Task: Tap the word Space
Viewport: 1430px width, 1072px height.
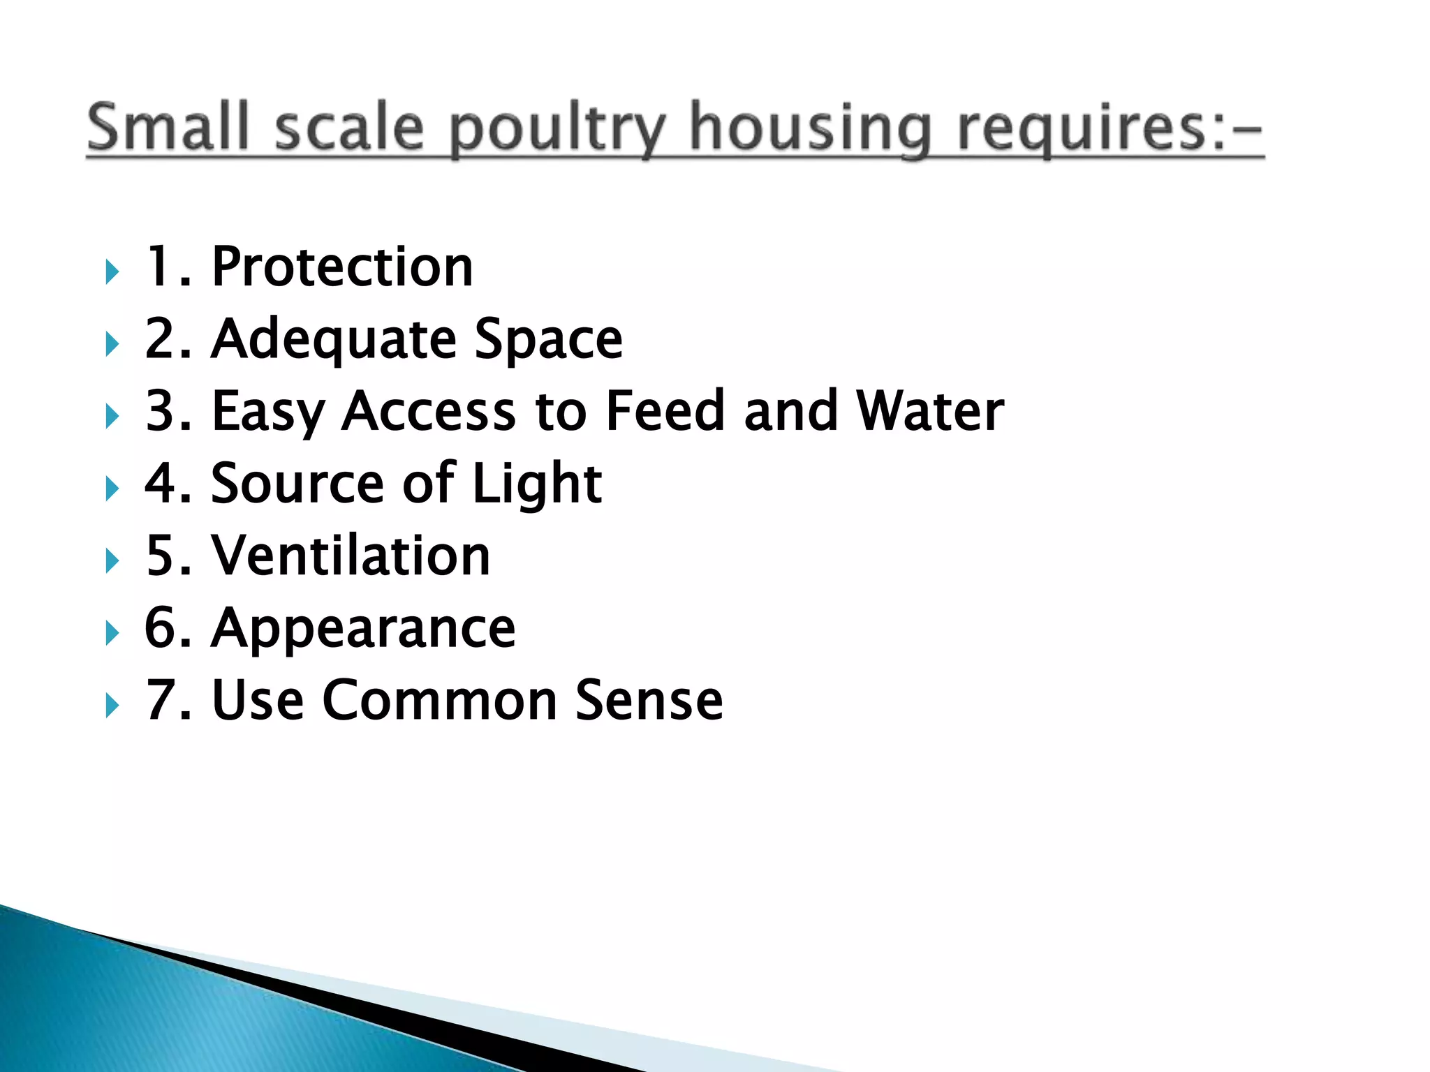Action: (x=548, y=340)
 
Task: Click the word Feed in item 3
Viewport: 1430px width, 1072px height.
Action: (x=665, y=411)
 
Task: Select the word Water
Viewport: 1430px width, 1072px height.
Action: (x=930, y=411)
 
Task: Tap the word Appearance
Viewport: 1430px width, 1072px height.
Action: (x=363, y=630)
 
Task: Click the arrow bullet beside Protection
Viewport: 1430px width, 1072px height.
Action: (x=112, y=271)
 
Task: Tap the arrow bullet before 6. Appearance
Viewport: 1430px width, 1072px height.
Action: (x=112, y=633)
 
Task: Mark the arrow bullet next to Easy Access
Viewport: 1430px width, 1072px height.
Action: (x=112, y=417)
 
